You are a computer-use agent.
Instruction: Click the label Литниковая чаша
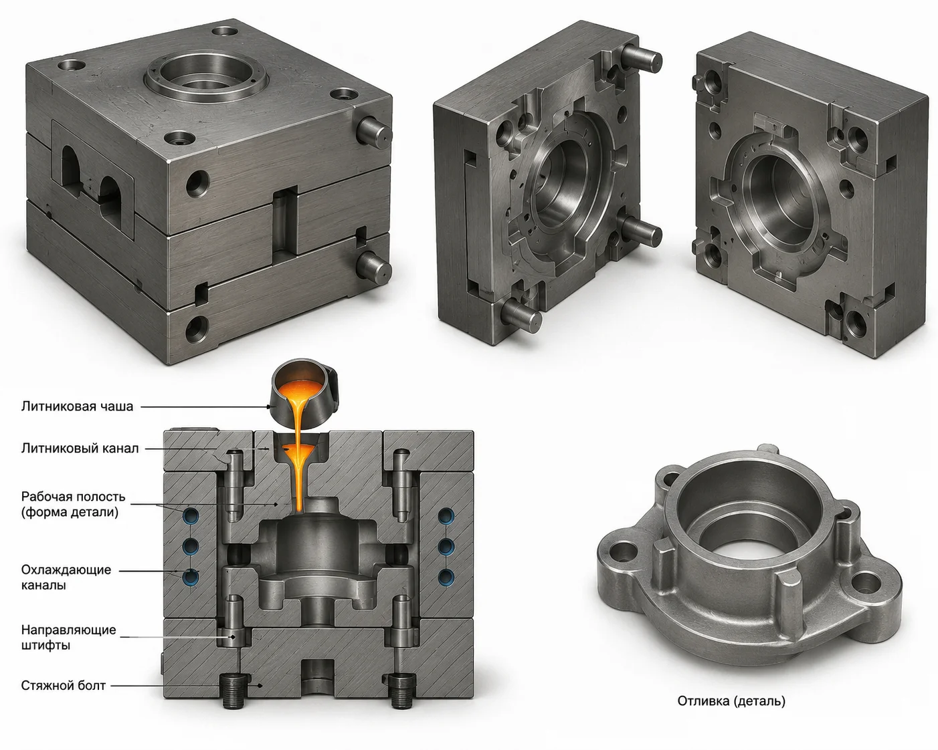(77, 406)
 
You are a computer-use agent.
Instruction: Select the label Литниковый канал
(80, 448)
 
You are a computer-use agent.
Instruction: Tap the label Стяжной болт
(63, 686)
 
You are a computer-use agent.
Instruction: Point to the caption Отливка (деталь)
(731, 701)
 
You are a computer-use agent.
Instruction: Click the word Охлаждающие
(66, 570)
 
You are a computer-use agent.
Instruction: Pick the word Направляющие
(68, 630)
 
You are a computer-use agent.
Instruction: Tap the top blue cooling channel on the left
(191, 515)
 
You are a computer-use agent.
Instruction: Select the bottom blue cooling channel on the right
(446, 576)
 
